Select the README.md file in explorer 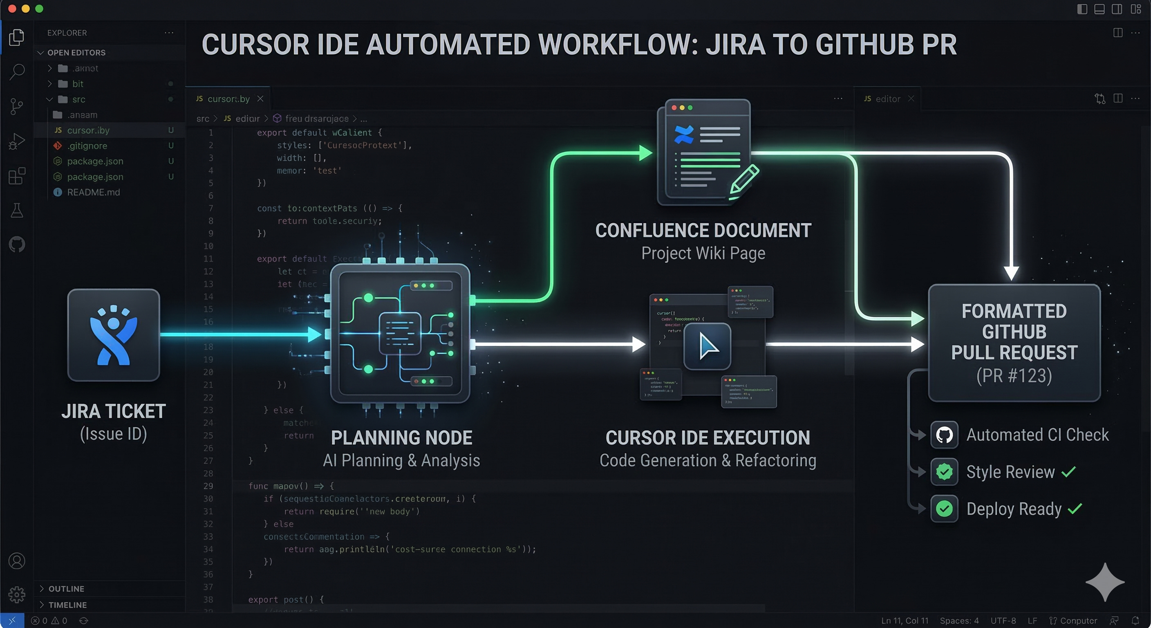93,192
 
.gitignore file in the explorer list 87,146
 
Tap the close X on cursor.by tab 260,99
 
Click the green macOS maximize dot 39,9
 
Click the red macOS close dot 12,9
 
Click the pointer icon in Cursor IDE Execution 707,346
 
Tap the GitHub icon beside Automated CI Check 944,435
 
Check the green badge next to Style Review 944,472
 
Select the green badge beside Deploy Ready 944,509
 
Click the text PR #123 1014,376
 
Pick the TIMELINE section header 67,605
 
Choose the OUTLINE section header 66,589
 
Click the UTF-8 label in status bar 1003,620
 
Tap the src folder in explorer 78,99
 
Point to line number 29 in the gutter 208,486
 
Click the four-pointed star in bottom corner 1104,582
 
